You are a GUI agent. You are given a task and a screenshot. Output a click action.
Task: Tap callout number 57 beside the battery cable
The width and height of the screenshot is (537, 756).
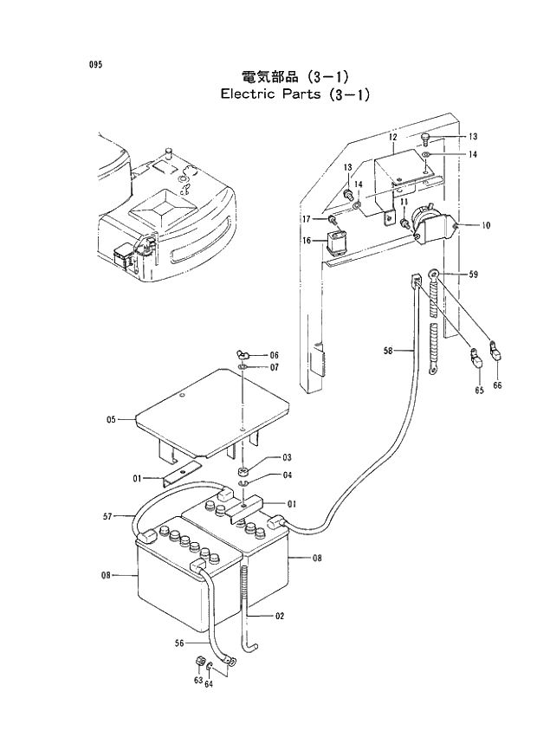107,516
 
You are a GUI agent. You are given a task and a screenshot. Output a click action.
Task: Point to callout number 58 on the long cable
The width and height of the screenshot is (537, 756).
388,351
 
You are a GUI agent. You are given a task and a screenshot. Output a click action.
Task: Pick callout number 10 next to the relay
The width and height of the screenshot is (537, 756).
486,225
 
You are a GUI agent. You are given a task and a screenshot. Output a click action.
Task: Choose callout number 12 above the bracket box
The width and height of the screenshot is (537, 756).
391,138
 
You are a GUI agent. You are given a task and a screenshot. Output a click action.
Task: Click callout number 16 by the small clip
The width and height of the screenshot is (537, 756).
307,241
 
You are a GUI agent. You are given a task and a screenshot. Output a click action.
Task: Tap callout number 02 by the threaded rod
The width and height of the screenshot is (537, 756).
281,616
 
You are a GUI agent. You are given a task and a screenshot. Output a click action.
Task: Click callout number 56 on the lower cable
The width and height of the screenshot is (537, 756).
179,643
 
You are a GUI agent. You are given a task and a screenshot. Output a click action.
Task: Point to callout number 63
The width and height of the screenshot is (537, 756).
198,682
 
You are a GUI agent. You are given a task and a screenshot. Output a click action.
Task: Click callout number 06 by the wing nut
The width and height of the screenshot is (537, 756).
274,355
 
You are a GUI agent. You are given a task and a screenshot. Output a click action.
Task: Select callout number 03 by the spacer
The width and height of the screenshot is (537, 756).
286,457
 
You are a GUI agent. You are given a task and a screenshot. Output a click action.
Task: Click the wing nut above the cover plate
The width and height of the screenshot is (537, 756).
243,354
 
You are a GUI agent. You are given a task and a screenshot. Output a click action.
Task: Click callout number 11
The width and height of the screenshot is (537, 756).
404,202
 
